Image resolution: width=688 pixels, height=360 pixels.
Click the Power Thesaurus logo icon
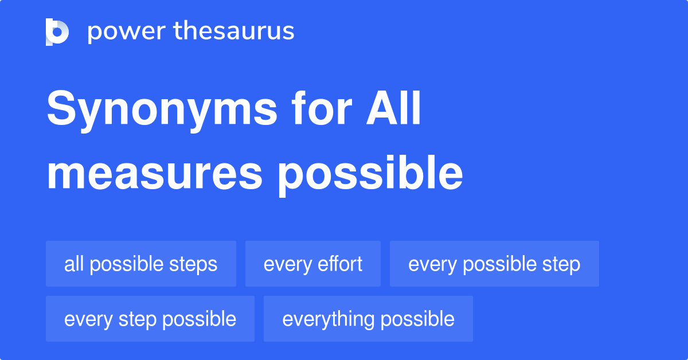(x=57, y=32)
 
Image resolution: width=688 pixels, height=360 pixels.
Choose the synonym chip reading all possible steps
(x=141, y=264)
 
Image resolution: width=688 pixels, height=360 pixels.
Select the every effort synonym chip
(x=313, y=264)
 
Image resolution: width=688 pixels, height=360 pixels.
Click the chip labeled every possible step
(x=494, y=264)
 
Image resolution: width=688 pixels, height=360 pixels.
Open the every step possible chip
(x=150, y=319)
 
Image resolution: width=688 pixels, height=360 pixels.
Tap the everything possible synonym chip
(x=368, y=319)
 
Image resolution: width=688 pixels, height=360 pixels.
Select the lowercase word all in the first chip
(x=73, y=264)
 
